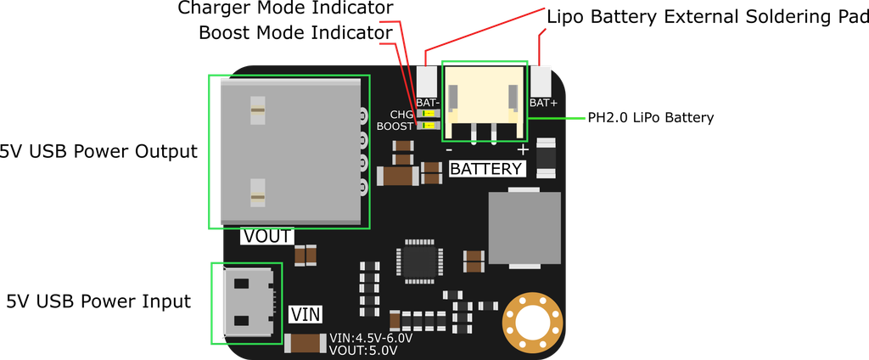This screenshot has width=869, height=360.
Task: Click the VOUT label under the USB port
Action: pyautogui.click(x=266, y=236)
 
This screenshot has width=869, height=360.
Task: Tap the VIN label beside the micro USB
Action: pyautogui.click(x=306, y=314)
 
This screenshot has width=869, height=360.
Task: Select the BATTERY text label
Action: pyautogui.click(x=485, y=168)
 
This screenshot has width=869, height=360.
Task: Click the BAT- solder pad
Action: pyautogui.click(x=427, y=82)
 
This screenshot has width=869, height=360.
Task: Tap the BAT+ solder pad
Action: pyautogui.click(x=541, y=82)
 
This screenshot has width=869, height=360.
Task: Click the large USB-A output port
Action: pyautogui.click(x=289, y=151)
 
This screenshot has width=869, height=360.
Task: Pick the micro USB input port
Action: pyautogui.click(x=247, y=301)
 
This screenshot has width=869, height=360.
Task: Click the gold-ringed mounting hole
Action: pyautogui.click(x=533, y=323)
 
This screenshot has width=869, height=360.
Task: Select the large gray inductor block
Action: pyautogui.click(x=524, y=228)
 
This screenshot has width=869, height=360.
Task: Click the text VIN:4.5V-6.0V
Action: pyautogui.click(x=372, y=338)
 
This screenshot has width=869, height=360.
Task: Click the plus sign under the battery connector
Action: pyautogui.click(x=523, y=149)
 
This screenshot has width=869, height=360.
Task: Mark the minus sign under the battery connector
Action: pyautogui.click(x=448, y=150)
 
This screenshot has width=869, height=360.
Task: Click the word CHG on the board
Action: pyautogui.click(x=401, y=115)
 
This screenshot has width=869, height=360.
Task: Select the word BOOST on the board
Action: pyautogui.click(x=395, y=127)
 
